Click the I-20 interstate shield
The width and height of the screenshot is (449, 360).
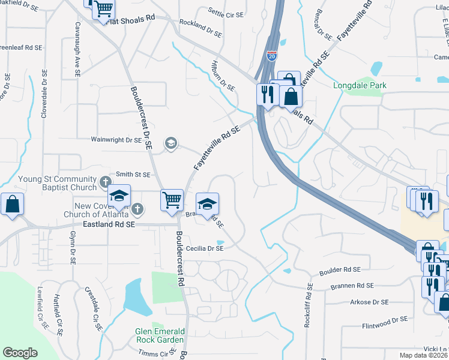click(272, 56)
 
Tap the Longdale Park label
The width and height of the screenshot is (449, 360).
click(360, 86)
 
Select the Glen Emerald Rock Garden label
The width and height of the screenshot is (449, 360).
click(160, 335)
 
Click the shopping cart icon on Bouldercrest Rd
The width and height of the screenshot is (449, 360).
click(172, 199)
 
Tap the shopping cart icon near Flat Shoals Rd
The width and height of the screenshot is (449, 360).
click(104, 8)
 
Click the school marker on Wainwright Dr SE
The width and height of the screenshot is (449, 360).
click(170, 143)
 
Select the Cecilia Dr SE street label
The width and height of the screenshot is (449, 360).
click(205, 248)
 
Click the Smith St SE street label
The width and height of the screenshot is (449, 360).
click(132, 175)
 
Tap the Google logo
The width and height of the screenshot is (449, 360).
click(20, 352)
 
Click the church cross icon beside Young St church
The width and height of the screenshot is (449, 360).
click(105, 181)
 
